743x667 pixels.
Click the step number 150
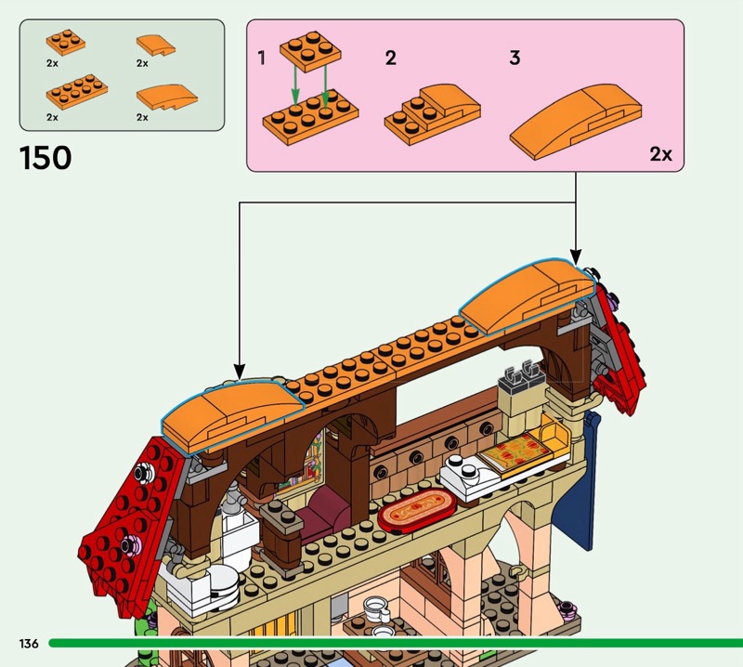coord(45,157)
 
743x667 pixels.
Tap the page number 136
coord(28,644)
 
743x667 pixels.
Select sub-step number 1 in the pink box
coord(262,59)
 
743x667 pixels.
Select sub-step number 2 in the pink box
coord(391,59)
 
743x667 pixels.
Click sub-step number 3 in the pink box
coord(515,59)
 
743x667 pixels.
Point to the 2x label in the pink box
coord(660,154)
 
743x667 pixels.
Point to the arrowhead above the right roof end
coord(576,255)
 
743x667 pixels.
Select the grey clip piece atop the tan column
coord(518,379)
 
